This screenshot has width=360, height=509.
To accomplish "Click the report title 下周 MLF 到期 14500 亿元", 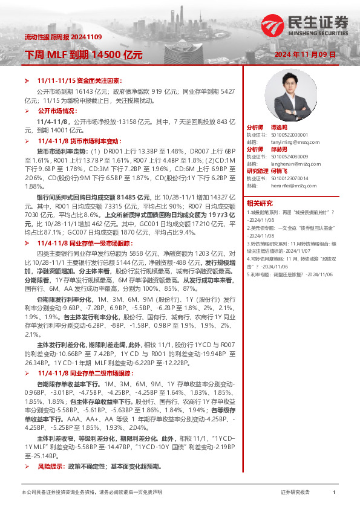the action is [83, 54].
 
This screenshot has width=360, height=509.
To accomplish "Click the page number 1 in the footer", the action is [334, 492].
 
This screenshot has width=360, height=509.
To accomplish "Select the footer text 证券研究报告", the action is [295, 492].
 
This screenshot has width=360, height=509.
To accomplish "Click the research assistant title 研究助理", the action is [257, 171].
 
